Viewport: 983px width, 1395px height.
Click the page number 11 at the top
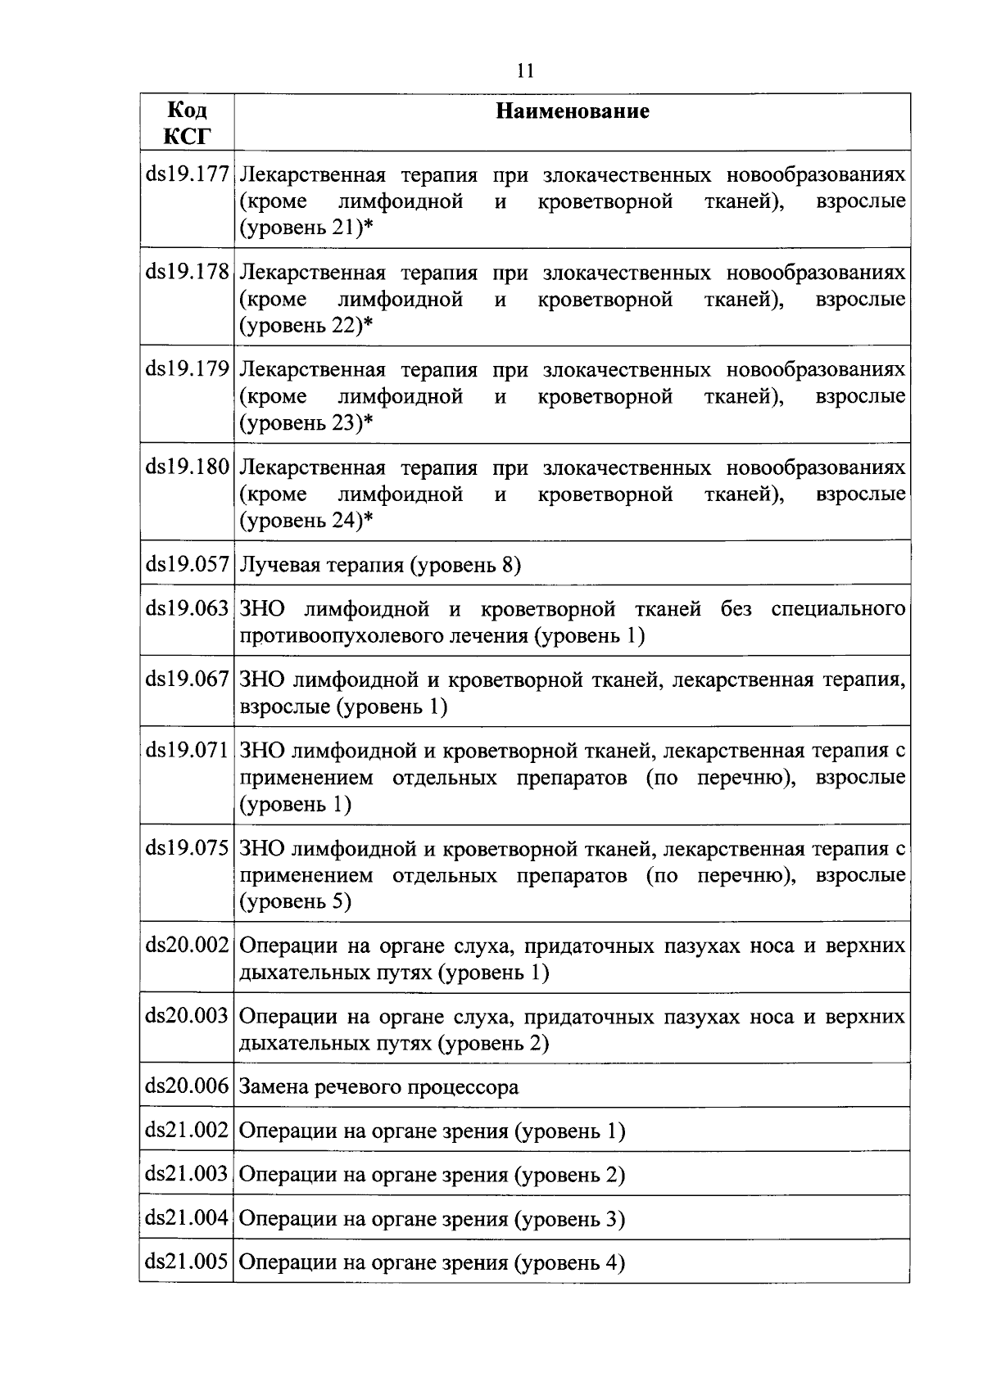[525, 71]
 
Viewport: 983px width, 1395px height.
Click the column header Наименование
[573, 111]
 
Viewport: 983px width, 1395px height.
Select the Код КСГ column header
[187, 122]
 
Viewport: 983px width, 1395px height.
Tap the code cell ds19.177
[187, 175]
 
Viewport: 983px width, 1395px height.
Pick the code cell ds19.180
[187, 467]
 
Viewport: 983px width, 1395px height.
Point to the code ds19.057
[187, 564]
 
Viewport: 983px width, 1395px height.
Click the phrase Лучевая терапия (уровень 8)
[380, 565]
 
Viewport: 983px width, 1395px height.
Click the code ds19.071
[187, 750]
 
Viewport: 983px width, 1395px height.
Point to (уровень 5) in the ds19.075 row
[295, 901]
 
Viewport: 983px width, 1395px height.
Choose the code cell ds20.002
[187, 946]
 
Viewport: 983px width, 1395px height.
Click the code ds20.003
[187, 1016]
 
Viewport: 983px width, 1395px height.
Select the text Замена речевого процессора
[378, 1087]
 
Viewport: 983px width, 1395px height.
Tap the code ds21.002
[187, 1131]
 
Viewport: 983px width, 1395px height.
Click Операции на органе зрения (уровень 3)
[432, 1219]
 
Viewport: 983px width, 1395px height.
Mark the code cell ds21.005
[187, 1262]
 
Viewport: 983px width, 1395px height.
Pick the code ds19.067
[187, 679]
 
